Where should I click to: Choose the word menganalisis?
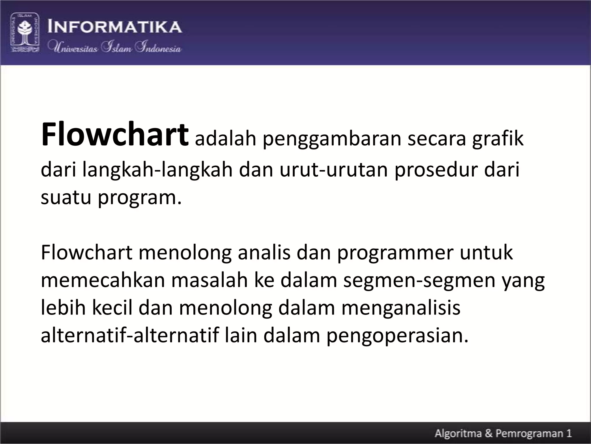[x=401, y=308]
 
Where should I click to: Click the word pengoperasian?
[x=397, y=336]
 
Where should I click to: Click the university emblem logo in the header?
[x=25, y=32]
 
